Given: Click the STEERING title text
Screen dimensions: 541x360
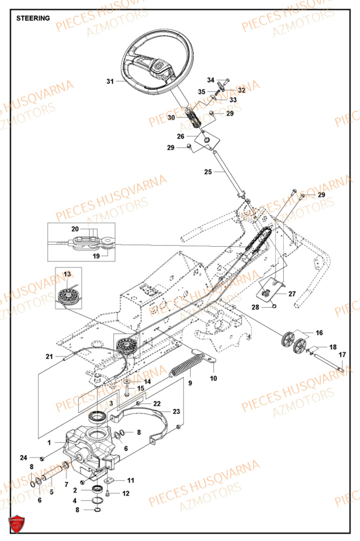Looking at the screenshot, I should (33, 18).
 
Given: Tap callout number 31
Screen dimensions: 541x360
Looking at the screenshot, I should (110, 82).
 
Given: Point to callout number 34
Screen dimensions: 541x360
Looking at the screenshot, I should (211, 80).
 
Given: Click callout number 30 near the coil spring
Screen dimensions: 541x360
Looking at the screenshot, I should (171, 117).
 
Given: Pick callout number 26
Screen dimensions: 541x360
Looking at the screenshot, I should (181, 136).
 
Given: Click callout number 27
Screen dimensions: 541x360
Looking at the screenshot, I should (291, 294).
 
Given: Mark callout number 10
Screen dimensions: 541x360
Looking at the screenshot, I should (213, 378).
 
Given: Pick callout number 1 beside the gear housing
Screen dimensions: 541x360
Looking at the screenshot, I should (49, 442).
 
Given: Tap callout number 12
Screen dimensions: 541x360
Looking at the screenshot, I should (126, 493).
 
